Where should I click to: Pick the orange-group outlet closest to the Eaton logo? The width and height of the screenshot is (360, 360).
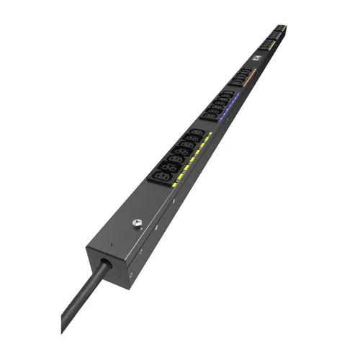click(248, 70)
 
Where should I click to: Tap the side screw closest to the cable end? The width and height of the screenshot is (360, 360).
click(130, 274)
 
